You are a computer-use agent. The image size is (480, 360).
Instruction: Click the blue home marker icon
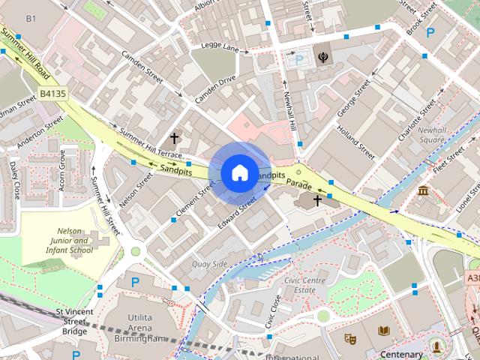pos(238,172)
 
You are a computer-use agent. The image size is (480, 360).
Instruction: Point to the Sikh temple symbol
pos(322,57)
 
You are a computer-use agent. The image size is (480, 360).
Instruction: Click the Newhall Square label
pos(432,135)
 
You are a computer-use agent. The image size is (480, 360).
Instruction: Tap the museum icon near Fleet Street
pos(424,190)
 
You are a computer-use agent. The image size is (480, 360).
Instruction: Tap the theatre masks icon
pos(349,338)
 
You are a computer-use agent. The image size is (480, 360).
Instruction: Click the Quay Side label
pos(209,264)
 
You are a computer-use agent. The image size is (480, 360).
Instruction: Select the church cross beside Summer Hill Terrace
pos(175,138)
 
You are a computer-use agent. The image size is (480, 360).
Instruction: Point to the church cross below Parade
pos(317,201)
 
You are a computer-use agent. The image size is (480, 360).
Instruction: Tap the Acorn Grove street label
pos(62,169)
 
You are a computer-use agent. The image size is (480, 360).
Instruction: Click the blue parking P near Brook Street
pos(430,32)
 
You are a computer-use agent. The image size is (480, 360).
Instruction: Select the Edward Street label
pos(237,212)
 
